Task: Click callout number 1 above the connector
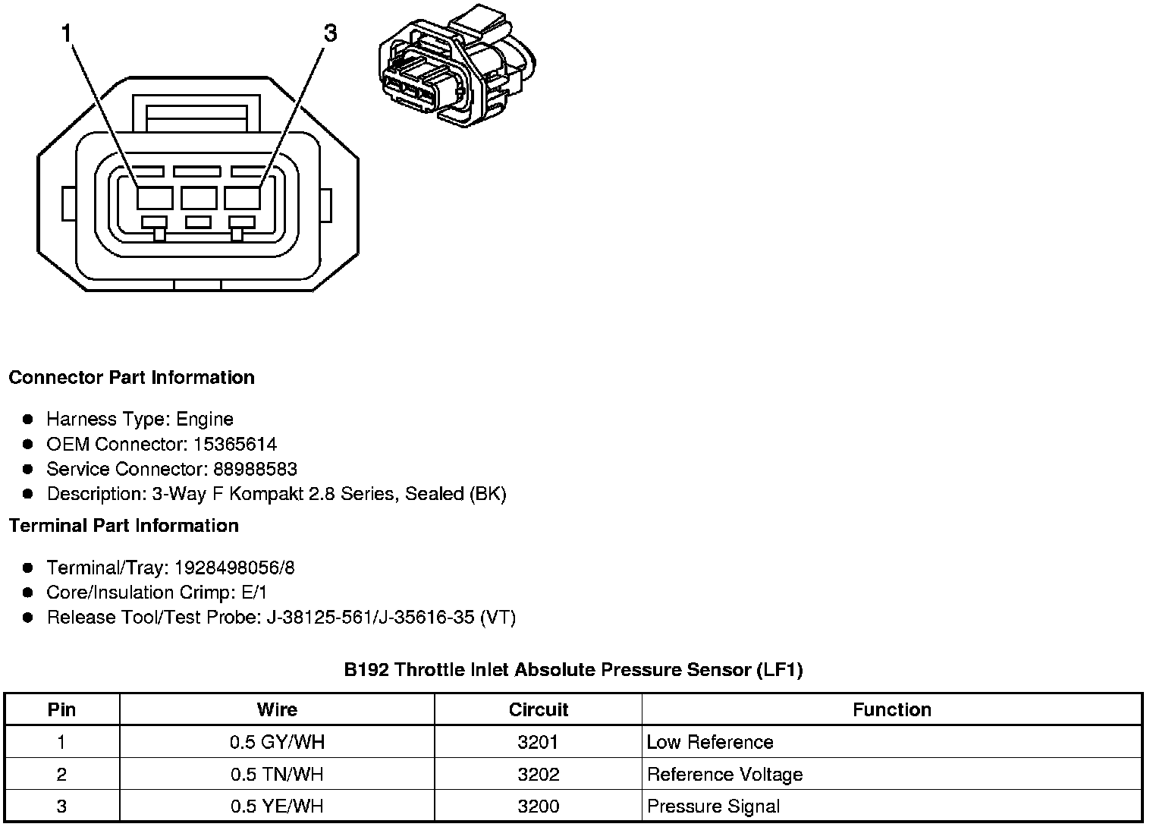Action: (67, 34)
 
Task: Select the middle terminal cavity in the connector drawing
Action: (199, 198)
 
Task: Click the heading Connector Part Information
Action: (131, 378)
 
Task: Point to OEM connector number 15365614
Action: (235, 444)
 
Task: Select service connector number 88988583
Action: (255, 469)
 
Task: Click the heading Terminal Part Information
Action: (124, 526)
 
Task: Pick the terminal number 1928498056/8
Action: (234, 568)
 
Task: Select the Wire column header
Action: (277, 710)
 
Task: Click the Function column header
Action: (891, 710)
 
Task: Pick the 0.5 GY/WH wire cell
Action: (277, 742)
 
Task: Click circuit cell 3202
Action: (538, 775)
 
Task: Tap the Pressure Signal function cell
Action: (713, 807)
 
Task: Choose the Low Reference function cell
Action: (710, 742)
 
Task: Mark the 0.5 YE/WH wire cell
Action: (277, 807)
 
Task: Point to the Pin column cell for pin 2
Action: (61, 775)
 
